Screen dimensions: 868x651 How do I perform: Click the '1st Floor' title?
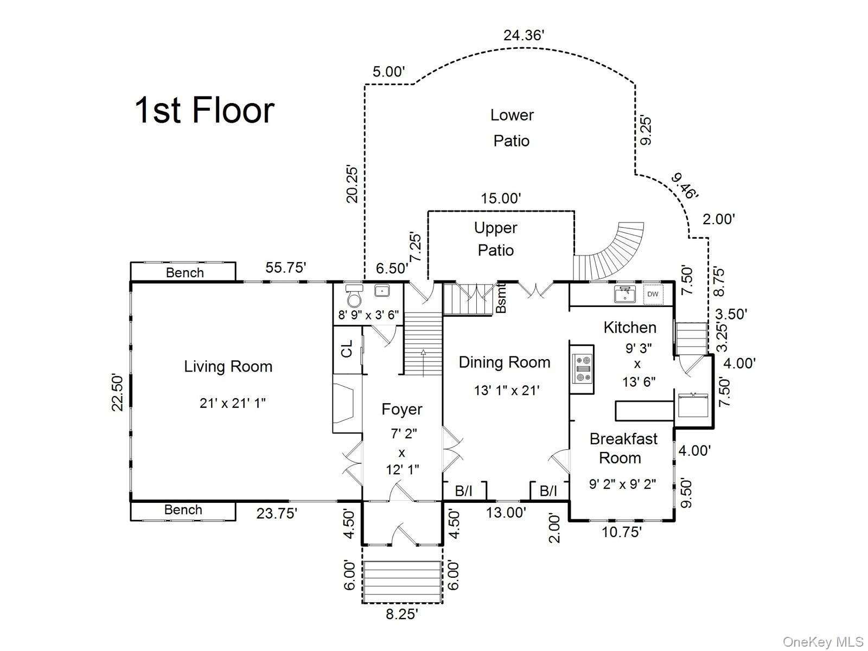(x=205, y=110)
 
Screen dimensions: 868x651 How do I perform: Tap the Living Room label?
(x=228, y=366)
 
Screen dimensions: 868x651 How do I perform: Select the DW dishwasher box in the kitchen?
(x=653, y=294)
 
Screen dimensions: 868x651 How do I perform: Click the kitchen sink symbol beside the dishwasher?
(x=625, y=293)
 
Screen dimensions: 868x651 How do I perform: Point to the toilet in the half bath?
(x=354, y=295)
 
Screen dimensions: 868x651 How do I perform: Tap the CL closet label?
(x=347, y=349)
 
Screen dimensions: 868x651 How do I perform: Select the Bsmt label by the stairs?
(x=501, y=298)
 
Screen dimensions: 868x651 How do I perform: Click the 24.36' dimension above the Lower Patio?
(x=524, y=36)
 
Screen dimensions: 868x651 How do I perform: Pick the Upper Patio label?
(x=495, y=239)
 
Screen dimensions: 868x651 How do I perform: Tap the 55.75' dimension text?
(x=285, y=267)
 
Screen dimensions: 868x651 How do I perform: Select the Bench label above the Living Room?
(x=184, y=273)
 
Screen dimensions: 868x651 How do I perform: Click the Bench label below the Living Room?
(x=183, y=510)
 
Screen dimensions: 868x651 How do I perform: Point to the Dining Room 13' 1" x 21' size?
(x=507, y=391)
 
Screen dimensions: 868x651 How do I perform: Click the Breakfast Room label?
(x=623, y=448)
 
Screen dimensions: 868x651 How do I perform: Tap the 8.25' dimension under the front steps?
(x=402, y=614)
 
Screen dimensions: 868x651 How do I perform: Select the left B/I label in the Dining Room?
(x=463, y=491)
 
